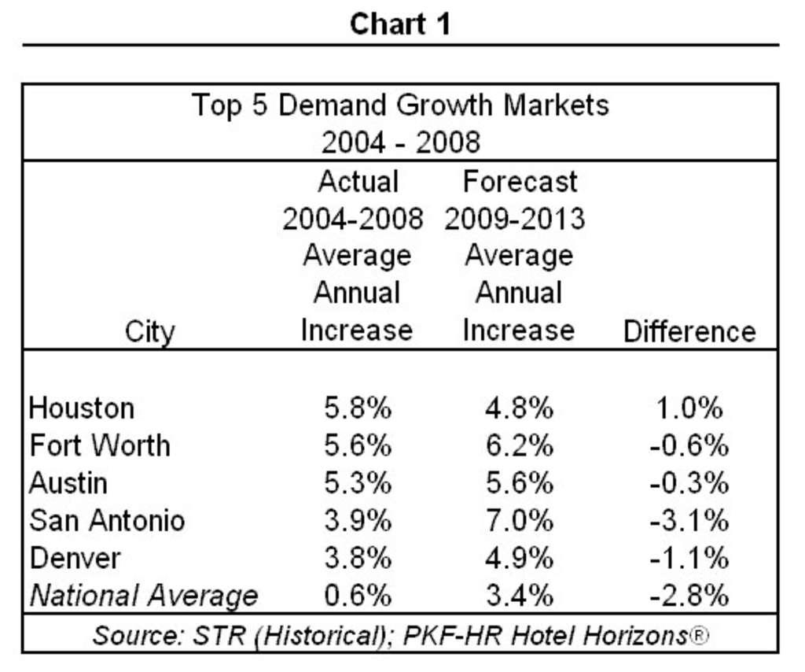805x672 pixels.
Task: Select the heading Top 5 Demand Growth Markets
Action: (x=400, y=105)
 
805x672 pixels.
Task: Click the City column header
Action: (x=149, y=332)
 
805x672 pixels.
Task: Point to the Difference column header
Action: (x=689, y=331)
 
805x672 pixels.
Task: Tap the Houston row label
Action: (x=82, y=408)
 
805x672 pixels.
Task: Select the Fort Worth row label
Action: (x=100, y=445)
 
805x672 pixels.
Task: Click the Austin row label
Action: (x=68, y=482)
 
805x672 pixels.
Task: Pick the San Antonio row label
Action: (x=108, y=520)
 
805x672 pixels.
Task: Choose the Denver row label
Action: (x=75, y=558)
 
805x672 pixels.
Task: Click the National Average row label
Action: (x=144, y=596)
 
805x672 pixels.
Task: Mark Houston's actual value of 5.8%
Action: (x=358, y=408)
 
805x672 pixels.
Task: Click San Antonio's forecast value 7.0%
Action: (x=519, y=520)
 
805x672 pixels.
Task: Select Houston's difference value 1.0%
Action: (x=689, y=408)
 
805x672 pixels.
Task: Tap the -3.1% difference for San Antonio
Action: (x=689, y=520)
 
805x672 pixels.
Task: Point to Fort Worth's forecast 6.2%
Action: (x=519, y=445)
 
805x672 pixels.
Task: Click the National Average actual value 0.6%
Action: (x=358, y=596)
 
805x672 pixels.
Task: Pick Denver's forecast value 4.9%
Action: (x=519, y=558)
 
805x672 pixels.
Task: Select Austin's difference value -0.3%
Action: (x=689, y=482)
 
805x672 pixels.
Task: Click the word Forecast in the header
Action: (x=520, y=182)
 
